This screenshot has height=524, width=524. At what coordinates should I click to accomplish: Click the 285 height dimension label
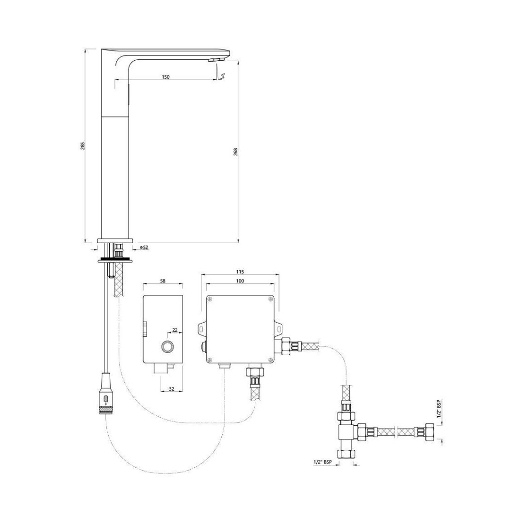pos(82,146)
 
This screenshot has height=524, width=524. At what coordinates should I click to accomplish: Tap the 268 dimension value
pos(235,152)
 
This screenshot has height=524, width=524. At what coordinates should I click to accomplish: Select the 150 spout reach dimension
pos(165,77)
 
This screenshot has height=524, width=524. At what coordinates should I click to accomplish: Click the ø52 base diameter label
pos(144,247)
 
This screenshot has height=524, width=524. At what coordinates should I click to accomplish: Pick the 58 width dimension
pos(163,281)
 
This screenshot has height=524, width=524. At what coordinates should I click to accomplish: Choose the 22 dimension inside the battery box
pos(175,330)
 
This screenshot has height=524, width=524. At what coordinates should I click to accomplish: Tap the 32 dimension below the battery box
pos(171,389)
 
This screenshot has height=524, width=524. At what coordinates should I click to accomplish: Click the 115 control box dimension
pos(240,271)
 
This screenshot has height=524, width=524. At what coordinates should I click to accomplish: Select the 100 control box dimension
pos(240,281)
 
